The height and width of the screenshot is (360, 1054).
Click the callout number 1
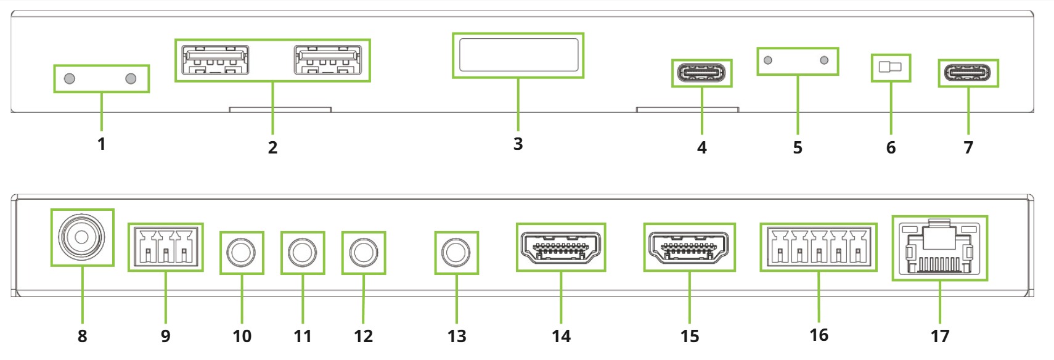(x=102, y=144)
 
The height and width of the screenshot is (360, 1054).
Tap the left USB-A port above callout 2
(x=216, y=60)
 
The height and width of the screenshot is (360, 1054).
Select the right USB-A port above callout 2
(x=327, y=60)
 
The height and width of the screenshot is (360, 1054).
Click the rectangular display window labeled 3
(x=518, y=55)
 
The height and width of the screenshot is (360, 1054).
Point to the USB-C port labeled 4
(x=701, y=73)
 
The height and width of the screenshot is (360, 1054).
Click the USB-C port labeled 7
(x=968, y=73)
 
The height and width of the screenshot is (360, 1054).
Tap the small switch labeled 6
(x=890, y=67)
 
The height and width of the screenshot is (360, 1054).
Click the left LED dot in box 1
(x=70, y=78)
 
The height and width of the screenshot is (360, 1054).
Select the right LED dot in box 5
(x=824, y=60)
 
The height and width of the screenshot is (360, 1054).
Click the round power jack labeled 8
(x=82, y=237)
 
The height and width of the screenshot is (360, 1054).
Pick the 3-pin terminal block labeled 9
(x=165, y=247)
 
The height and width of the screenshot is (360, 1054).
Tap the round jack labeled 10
(x=242, y=252)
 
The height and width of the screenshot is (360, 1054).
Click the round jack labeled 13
(x=456, y=252)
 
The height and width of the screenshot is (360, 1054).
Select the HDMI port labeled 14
(x=561, y=247)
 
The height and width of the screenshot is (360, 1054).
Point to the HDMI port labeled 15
(x=689, y=247)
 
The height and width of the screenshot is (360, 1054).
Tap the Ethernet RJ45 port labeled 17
(x=939, y=248)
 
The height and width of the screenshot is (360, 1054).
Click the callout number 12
(x=363, y=336)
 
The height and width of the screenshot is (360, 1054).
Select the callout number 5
(x=798, y=148)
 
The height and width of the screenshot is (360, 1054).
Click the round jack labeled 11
(x=303, y=252)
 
